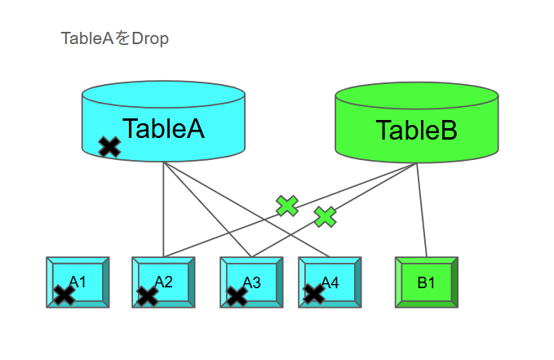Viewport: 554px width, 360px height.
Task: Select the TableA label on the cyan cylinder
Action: tap(163, 129)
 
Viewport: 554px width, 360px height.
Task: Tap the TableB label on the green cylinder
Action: tap(416, 131)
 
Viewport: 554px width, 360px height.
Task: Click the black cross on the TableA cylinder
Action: tap(109, 147)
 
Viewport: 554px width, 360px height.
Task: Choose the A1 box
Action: tap(78, 282)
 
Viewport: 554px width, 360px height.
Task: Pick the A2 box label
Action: tap(164, 282)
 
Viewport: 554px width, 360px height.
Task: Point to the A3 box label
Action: tap(252, 282)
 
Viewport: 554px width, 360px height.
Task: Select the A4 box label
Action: tap(330, 282)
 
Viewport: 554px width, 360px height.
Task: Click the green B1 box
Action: tap(426, 282)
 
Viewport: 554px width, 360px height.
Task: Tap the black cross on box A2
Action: tap(148, 295)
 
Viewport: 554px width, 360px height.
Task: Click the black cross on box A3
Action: tap(237, 295)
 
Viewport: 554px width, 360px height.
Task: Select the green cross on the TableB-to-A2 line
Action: tap(287, 206)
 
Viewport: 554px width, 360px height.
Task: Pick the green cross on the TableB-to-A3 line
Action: tap(326, 216)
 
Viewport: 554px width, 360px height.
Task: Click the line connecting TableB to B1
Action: tap(422, 212)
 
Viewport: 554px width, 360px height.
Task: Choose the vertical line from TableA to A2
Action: tap(164, 212)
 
